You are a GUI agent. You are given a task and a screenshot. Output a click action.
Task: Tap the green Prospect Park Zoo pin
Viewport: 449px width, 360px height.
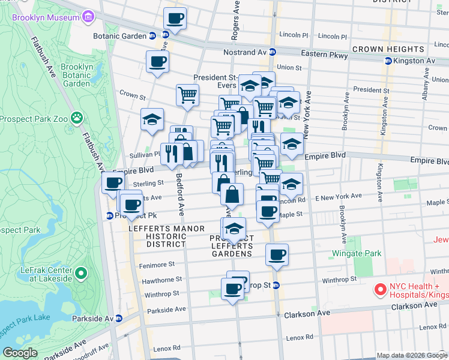point(76,117)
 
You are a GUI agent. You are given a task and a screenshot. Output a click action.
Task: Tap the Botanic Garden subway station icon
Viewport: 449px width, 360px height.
point(152,36)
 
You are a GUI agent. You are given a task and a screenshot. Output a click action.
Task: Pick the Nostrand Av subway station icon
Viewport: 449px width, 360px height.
point(272,53)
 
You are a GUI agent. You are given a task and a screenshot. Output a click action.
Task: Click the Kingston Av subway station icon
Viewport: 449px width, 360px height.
point(388,61)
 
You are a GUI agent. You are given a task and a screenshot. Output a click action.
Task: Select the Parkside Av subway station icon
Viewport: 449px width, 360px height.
point(119,319)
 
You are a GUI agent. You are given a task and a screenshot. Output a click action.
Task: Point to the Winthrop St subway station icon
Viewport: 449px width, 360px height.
point(276,286)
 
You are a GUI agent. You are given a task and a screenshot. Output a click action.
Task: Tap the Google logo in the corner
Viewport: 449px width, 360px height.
point(20,353)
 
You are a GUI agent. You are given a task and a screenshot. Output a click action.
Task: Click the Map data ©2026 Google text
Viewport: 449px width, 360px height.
point(412,355)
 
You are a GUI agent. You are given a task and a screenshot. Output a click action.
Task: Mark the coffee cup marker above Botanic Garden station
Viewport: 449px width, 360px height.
point(175,19)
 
